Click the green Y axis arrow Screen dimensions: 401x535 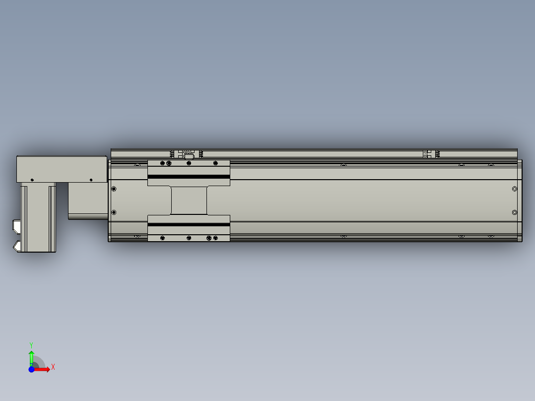[x=31, y=356]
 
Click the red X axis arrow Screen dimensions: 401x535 [x=44, y=369]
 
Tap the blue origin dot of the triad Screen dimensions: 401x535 [x=31, y=369]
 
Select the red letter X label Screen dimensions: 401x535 [x=53, y=367]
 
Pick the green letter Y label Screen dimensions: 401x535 [x=31, y=344]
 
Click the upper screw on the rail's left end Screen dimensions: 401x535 [x=114, y=189]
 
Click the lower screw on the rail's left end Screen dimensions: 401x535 [x=114, y=212]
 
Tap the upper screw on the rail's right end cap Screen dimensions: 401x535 [x=514, y=189]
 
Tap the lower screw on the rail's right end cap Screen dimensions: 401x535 [x=514, y=212]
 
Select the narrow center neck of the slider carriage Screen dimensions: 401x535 [x=189, y=200]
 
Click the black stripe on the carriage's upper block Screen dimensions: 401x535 [x=189, y=177]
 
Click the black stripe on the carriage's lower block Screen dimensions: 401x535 [x=189, y=225]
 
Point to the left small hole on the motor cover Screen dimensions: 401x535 [x=32, y=180]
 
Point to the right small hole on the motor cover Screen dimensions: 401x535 [x=91, y=180]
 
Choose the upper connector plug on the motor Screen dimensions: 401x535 [x=15, y=226]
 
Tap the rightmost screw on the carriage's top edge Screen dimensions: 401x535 [x=215, y=163]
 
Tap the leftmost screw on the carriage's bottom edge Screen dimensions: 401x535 [x=162, y=238]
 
